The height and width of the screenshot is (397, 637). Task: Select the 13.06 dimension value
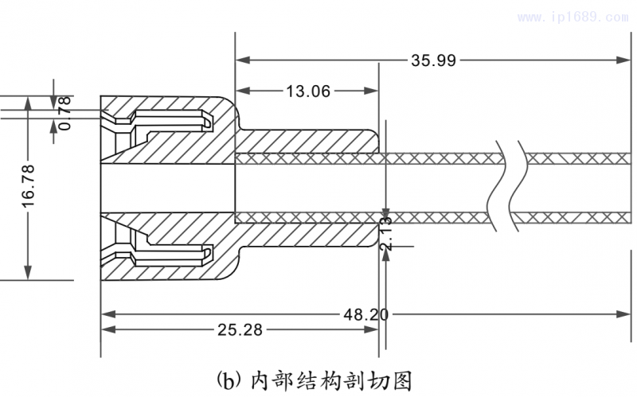[x=308, y=91]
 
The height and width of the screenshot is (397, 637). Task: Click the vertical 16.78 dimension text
[x=28, y=189]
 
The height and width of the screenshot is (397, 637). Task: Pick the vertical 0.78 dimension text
[x=64, y=112]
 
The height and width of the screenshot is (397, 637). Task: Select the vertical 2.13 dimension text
[x=386, y=233]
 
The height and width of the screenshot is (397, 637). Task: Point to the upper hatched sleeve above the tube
[x=307, y=142]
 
